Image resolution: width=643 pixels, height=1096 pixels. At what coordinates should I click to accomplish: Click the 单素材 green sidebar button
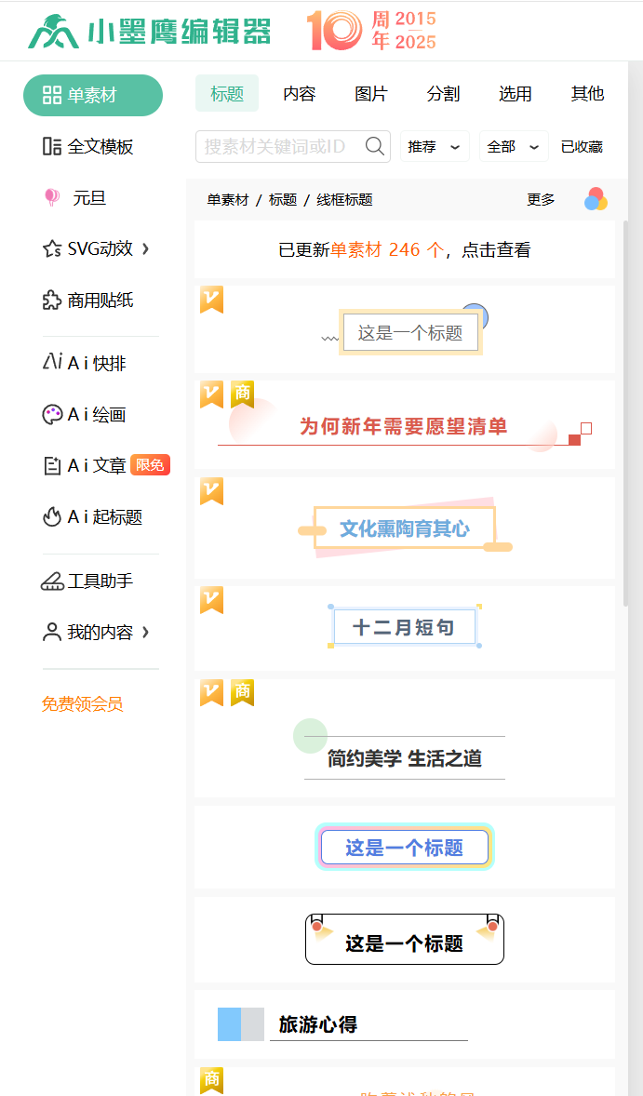point(92,95)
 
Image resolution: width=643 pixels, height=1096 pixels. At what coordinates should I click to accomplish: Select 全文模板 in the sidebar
point(88,146)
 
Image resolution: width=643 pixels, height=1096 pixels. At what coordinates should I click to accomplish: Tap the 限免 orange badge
point(150,465)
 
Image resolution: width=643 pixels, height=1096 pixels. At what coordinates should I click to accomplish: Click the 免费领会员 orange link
point(82,703)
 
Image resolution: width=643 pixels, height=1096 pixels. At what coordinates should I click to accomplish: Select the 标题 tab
point(227,93)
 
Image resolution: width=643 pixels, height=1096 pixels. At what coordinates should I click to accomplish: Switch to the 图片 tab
point(370,93)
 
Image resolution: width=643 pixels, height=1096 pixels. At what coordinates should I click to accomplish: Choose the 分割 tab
point(443,93)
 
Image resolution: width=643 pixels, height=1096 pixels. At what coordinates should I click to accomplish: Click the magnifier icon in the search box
point(374,146)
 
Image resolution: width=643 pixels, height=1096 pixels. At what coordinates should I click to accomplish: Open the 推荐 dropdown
point(435,146)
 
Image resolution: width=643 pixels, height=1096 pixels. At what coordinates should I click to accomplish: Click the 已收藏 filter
point(582,146)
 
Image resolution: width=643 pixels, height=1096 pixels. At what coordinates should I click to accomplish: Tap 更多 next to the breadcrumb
point(541,199)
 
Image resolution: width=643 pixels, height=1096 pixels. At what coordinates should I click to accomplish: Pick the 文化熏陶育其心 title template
point(404,528)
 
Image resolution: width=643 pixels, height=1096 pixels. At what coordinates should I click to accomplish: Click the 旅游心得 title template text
point(318,1024)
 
